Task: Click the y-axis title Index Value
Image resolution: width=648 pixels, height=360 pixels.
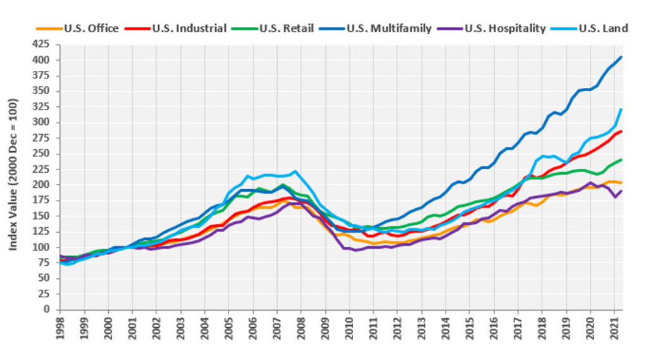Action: [x=14, y=177]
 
